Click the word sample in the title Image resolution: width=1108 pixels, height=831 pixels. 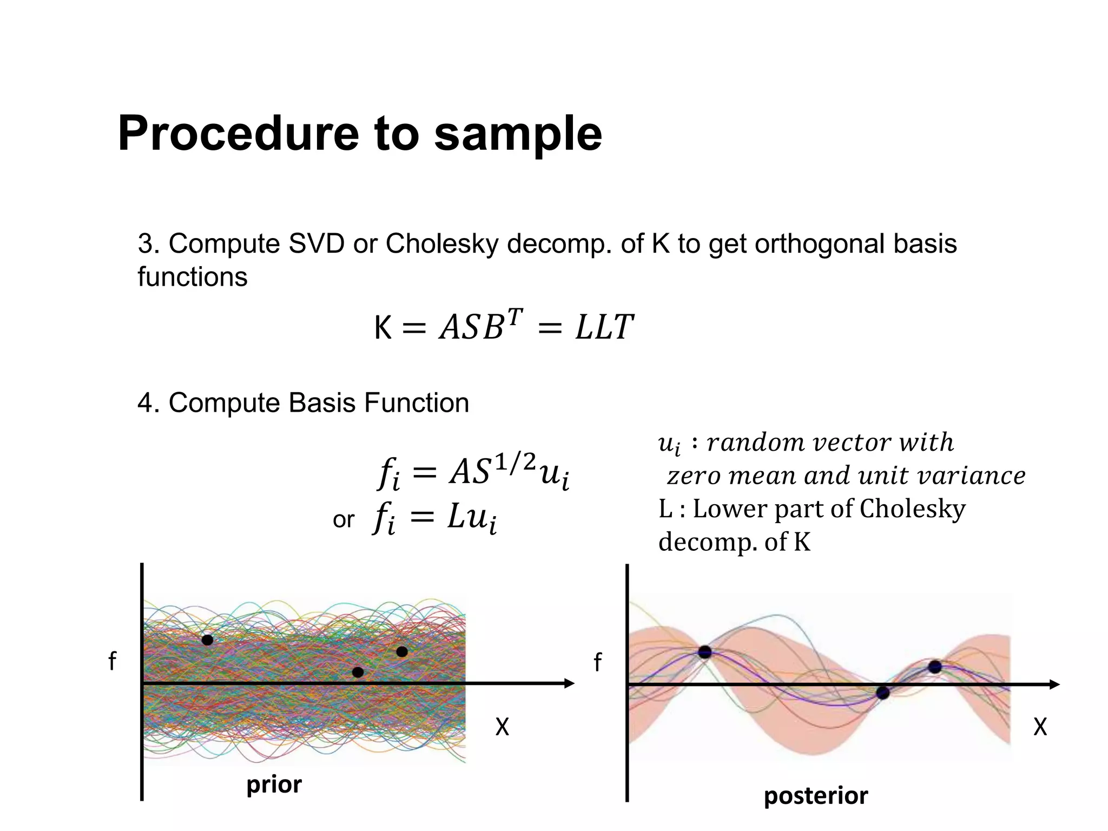pos(518,134)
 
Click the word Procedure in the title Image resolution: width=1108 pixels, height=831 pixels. pos(238,134)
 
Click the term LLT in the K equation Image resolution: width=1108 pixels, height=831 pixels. pos(604,327)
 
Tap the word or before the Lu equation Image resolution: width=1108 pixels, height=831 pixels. pos(344,520)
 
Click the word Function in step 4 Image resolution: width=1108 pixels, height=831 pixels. pos(416,403)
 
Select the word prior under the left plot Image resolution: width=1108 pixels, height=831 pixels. pos(274,784)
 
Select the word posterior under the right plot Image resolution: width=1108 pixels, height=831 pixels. pos(816,796)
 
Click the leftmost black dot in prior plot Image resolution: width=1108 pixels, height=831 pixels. pos(207,640)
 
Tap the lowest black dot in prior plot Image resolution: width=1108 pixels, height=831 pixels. pos(358,672)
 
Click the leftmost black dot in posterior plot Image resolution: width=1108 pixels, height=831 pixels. pos(704,652)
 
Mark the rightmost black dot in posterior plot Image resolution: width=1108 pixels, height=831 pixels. pos(935,667)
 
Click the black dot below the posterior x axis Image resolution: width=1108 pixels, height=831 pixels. pos(883,692)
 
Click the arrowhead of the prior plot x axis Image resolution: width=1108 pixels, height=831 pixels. pos(570,684)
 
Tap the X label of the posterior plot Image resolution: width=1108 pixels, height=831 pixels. pos(1040,727)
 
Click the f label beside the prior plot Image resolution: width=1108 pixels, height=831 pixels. pos(112,661)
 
